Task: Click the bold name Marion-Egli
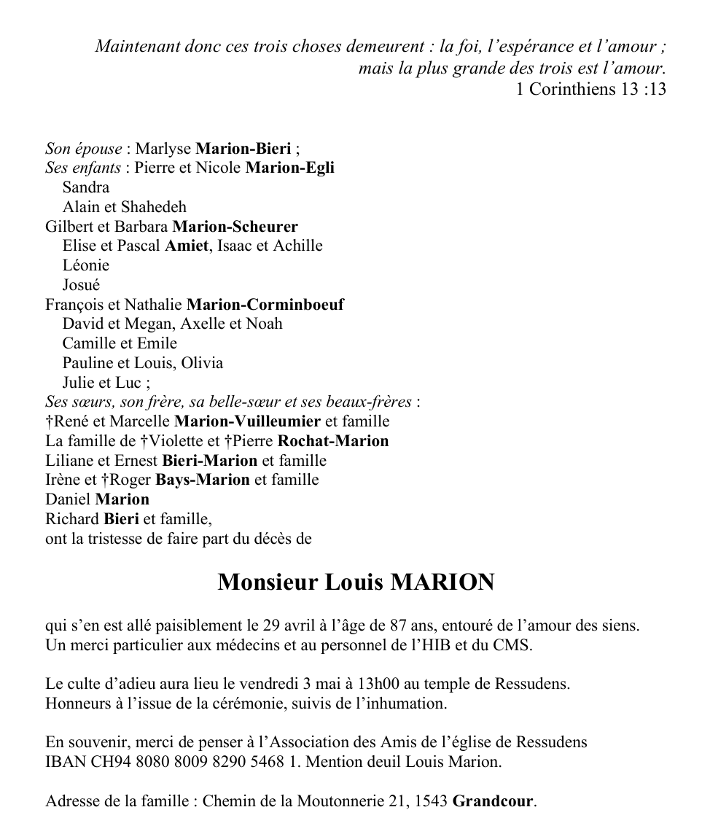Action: coord(289,168)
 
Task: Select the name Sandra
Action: coord(85,187)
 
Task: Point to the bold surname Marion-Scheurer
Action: coord(235,227)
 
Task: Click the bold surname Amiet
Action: coord(187,246)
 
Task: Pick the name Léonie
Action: coord(85,265)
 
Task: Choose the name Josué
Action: coord(81,285)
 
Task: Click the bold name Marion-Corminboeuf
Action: coord(265,305)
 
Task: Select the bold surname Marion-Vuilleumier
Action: coord(248,421)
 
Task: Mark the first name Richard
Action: coord(71,519)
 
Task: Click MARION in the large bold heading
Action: coord(442,582)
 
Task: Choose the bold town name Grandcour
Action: coord(493,801)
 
